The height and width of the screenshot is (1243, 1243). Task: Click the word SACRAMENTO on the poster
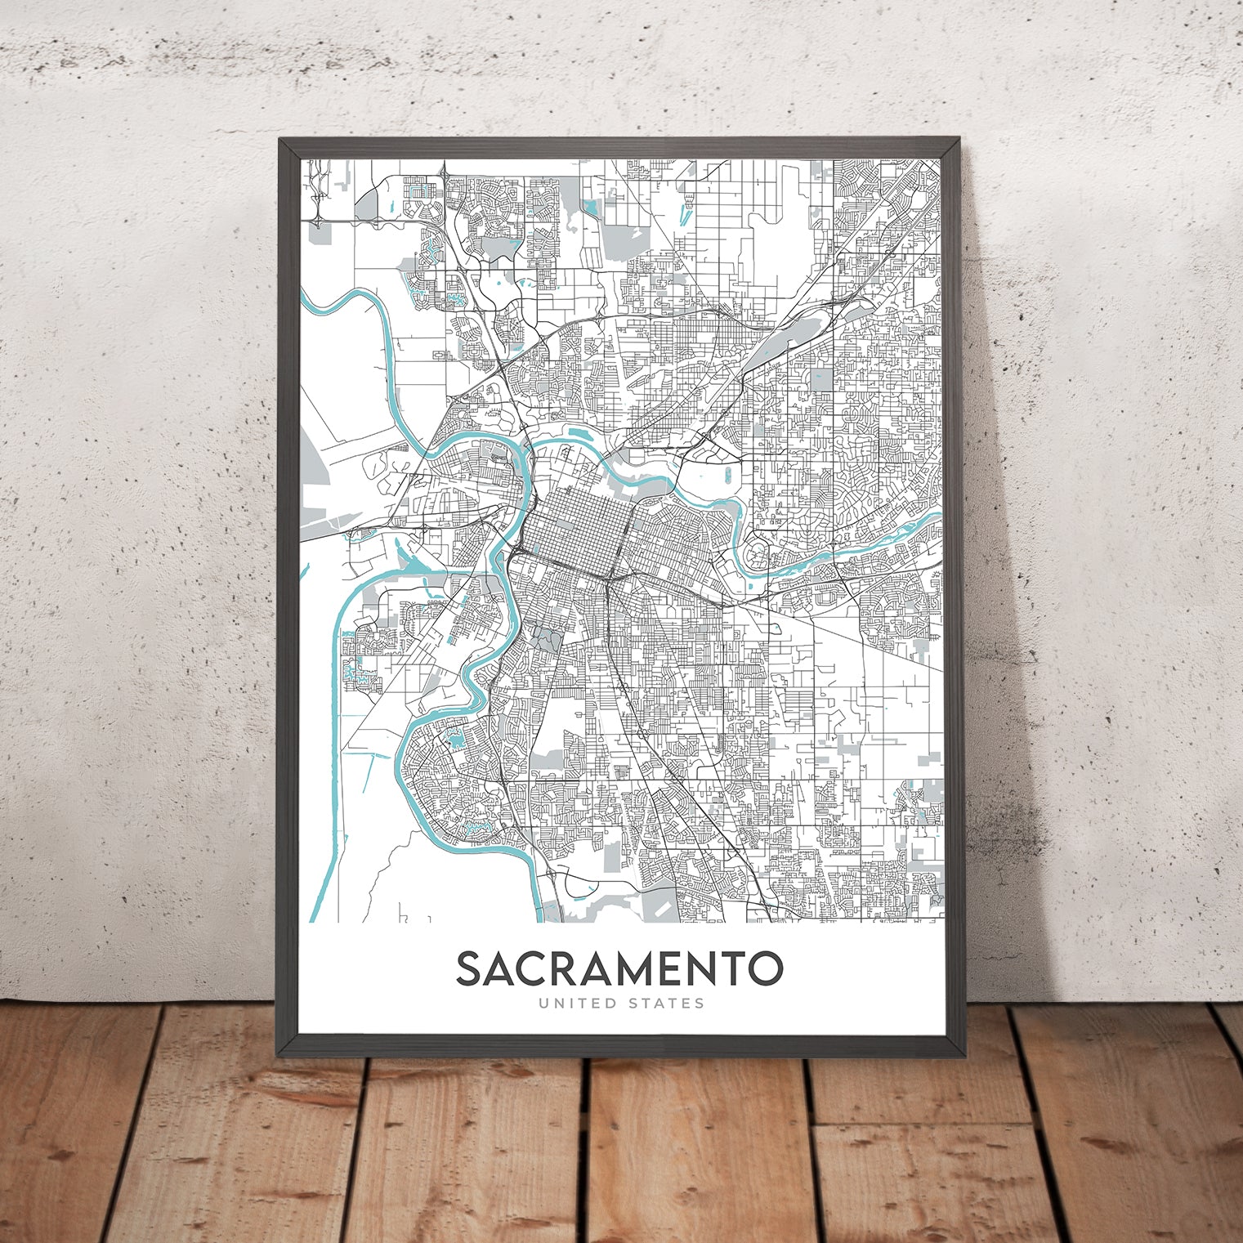(x=619, y=968)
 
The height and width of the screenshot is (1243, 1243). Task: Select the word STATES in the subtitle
(x=664, y=1003)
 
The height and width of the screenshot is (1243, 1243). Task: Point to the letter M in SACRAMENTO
(x=632, y=968)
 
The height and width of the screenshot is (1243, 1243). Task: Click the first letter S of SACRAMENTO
(x=469, y=968)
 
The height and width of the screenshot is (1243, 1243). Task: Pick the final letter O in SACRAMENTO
(x=765, y=968)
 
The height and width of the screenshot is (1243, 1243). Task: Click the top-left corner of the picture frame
(x=280, y=140)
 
